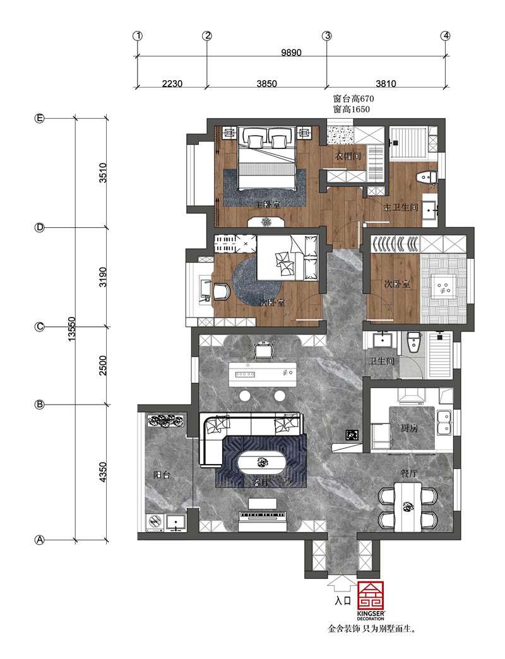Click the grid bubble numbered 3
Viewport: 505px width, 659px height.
coord(327,36)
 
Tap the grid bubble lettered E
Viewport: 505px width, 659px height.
coord(39,119)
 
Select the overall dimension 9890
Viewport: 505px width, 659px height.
coord(291,52)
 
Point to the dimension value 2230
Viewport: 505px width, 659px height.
coord(172,83)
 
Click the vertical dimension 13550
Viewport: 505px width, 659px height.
coord(72,328)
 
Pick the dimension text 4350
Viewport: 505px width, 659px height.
coord(103,472)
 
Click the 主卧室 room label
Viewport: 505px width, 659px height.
coord(268,205)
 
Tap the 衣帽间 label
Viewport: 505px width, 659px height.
coord(348,156)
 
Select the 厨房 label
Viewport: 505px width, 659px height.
coord(409,428)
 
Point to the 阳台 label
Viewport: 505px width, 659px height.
coord(162,475)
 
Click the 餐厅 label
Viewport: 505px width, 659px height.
coord(409,473)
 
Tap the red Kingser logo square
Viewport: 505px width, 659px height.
coord(371,597)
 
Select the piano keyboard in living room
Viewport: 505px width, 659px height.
coord(263,516)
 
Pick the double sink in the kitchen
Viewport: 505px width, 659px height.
coord(444,422)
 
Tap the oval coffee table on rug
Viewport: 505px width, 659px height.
coord(263,463)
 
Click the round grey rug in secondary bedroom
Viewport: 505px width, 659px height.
coord(257,282)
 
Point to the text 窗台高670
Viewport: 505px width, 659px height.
coord(353,98)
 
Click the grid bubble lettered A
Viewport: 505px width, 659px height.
coord(39,540)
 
